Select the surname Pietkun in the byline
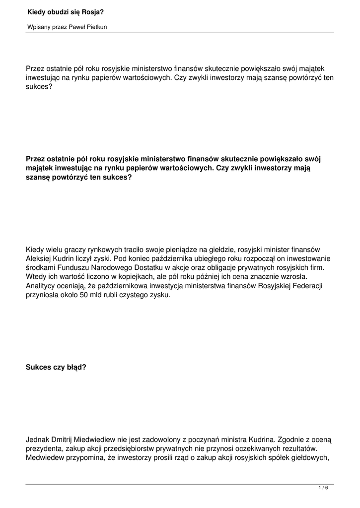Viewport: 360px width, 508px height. pyautogui.click(x=96, y=27)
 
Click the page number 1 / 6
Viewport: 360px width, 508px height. pyautogui.click(x=323, y=488)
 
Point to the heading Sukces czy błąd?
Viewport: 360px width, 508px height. pyautogui.click(x=56, y=368)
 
